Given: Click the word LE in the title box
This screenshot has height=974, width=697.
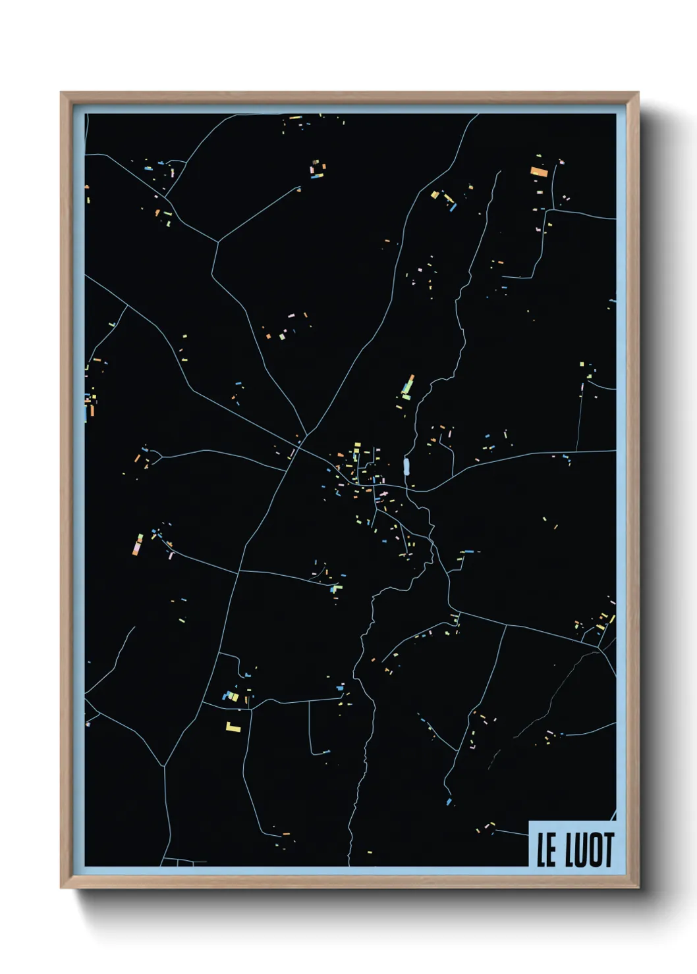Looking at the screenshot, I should click(547, 850).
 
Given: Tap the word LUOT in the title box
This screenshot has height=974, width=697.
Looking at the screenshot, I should click(589, 850).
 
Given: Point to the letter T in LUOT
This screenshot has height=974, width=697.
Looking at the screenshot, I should click(608, 850).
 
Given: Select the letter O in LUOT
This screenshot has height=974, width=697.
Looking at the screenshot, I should click(594, 850).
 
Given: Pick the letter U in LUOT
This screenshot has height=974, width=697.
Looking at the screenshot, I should click(580, 850).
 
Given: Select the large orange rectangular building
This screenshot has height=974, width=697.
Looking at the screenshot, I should click(539, 172).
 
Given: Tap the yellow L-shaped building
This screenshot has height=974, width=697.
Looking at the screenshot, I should click(233, 727).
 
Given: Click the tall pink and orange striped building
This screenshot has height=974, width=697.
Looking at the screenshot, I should click(138, 545).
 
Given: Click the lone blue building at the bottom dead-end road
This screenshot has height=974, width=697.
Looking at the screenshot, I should click(449, 802).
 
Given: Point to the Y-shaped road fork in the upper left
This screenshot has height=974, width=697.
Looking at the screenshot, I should click(218, 242).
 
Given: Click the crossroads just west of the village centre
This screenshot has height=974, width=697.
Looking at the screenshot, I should click(298, 447).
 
